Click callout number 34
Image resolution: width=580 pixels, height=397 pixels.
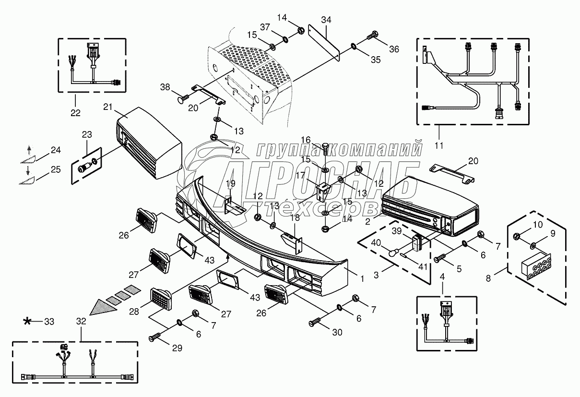pyautogui.click(x=326, y=20)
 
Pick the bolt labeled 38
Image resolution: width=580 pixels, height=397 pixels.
pyautogui.click(x=182, y=99)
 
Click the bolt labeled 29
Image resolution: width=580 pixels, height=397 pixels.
pyautogui.click(x=154, y=338)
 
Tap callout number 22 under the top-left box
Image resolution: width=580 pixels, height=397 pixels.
pyautogui.click(x=75, y=113)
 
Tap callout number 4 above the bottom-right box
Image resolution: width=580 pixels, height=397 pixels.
pyautogui.click(x=443, y=277)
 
